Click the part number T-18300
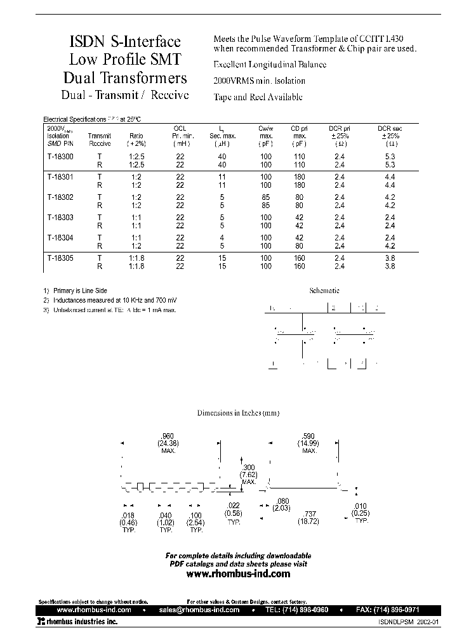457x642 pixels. point(60,156)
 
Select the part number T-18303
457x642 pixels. point(60,218)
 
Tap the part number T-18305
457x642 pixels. point(60,259)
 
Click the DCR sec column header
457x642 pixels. point(390,129)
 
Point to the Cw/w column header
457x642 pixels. point(266,129)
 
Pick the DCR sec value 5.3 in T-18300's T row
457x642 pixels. point(390,156)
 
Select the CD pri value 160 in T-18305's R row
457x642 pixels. point(299,266)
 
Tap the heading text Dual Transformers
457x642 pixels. point(125,78)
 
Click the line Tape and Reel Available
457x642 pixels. point(258,97)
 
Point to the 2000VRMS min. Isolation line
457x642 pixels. point(259,81)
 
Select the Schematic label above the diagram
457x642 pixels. point(324,291)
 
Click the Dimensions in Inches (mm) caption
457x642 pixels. point(238,413)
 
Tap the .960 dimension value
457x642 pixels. point(168,436)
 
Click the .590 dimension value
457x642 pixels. point(309,436)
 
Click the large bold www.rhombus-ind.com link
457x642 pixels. point(238,573)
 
